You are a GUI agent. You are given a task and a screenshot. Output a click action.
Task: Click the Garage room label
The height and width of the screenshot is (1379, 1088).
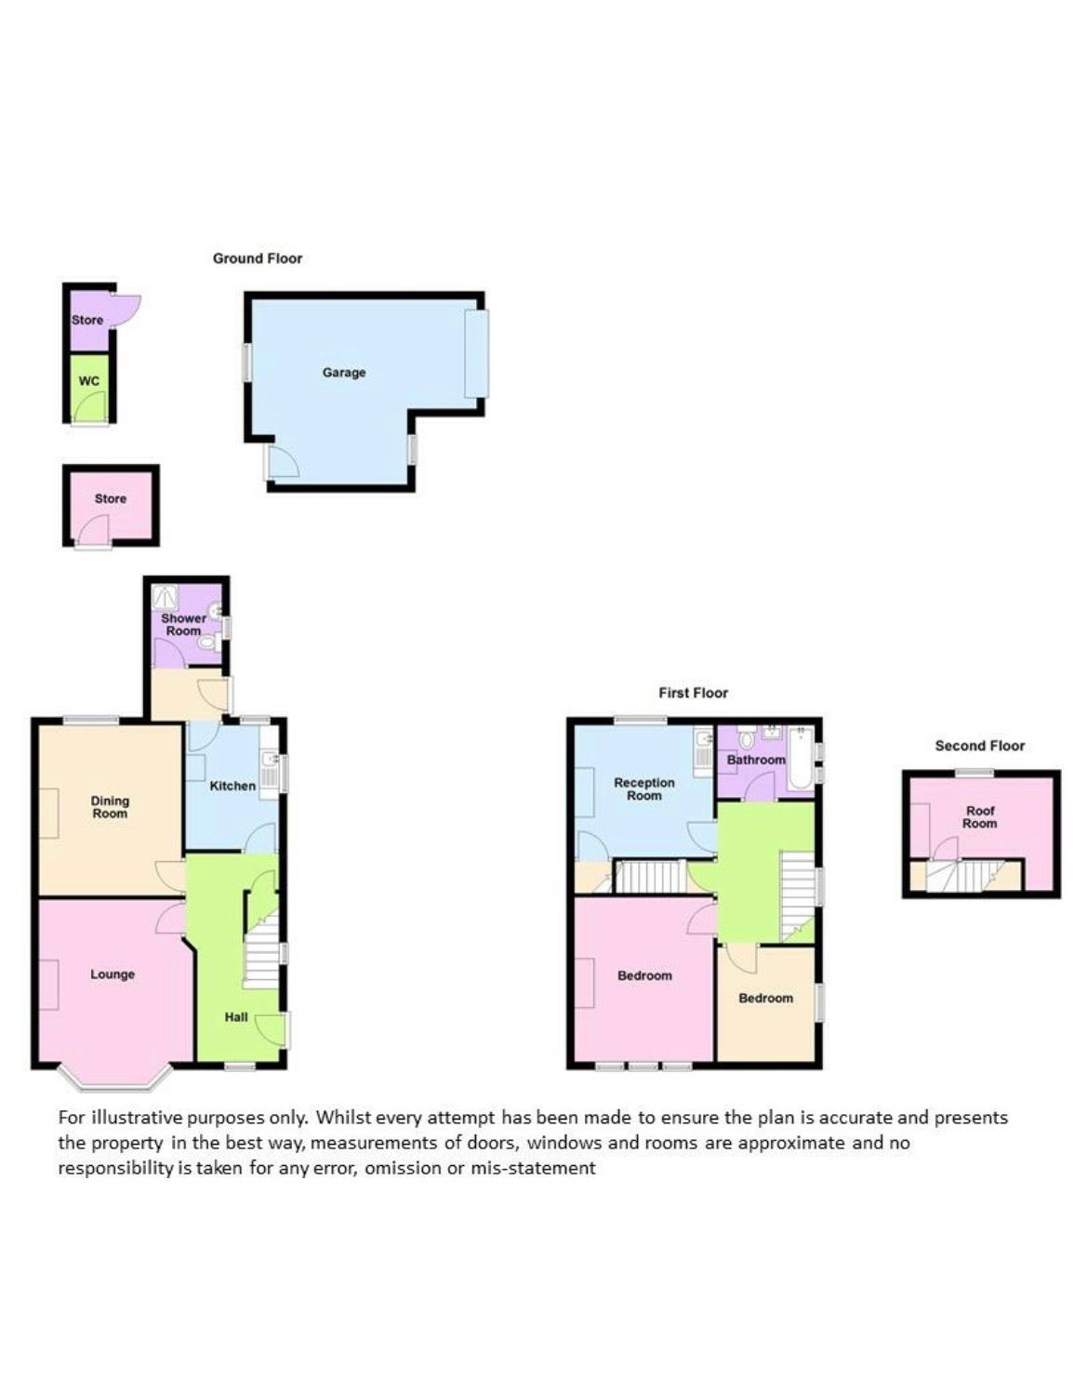click(x=344, y=372)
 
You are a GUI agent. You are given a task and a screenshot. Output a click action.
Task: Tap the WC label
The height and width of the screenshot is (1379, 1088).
click(x=89, y=381)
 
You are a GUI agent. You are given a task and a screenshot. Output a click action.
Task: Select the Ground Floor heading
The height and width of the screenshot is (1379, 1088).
click(x=258, y=259)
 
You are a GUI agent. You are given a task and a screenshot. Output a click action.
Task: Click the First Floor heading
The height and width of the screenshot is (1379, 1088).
click(x=694, y=693)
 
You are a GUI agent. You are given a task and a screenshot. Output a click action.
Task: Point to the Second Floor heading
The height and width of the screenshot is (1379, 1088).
click(x=980, y=746)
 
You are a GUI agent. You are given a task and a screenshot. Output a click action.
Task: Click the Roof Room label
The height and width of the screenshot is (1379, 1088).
click(x=980, y=817)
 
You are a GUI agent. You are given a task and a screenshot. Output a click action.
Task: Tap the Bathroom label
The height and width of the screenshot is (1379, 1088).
click(x=756, y=760)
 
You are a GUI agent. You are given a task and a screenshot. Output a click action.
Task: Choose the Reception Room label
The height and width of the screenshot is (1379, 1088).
click(x=644, y=789)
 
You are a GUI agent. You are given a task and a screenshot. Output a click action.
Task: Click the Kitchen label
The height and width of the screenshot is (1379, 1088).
click(x=232, y=786)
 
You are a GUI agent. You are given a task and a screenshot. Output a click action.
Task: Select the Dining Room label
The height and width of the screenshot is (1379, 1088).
click(x=111, y=807)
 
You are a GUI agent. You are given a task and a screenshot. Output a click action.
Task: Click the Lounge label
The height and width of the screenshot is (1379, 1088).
click(x=113, y=974)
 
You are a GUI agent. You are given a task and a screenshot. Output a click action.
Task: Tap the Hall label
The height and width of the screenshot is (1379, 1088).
click(x=236, y=1017)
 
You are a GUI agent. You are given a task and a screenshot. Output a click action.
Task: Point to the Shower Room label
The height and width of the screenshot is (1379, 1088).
click(x=183, y=624)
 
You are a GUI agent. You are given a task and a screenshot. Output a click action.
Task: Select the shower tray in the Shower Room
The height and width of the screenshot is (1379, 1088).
click(x=166, y=596)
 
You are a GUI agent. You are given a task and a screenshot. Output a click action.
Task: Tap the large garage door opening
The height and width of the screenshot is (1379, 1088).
click(x=477, y=353)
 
